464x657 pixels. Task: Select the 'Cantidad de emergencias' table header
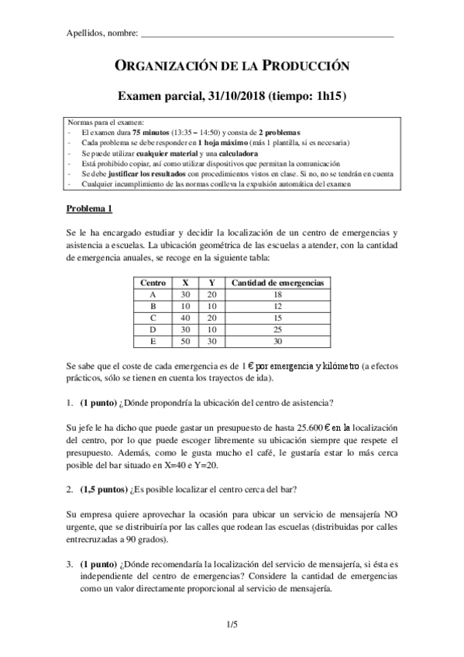[277, 283]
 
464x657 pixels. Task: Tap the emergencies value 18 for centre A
[277, 294]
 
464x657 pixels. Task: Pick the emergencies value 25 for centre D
[277, 328]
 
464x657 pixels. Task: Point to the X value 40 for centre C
[185, 317]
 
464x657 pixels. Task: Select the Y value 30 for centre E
[211, 340]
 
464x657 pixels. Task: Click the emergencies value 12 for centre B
[277, 306]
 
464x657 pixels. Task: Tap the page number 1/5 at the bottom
[232, 623]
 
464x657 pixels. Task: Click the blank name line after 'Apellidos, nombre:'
[267, 34]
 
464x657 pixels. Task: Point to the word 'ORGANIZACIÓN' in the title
[164, 67]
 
